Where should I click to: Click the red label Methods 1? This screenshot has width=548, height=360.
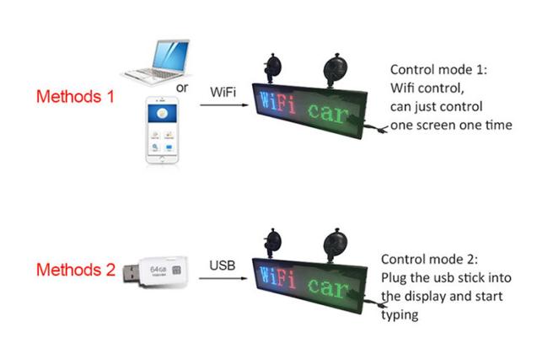click(x=75, y=96)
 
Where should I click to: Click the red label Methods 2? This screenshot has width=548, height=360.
click(x=75, y=271)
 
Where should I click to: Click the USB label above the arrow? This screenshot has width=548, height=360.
click(x=223, y=266)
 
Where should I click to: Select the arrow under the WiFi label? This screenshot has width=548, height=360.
click(x=223, y=105)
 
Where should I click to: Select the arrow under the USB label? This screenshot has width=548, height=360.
click(x=223, y=279)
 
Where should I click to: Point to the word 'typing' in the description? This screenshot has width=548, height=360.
click(x=400, y=314)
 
